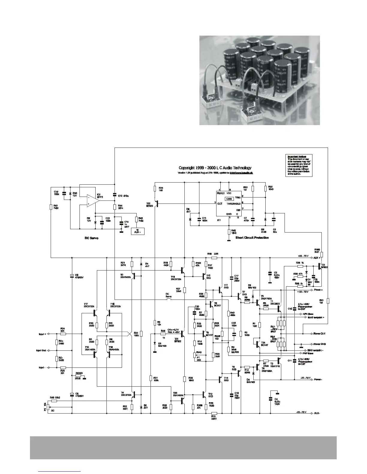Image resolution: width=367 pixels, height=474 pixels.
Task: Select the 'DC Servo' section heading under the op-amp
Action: click(x=91, y=238)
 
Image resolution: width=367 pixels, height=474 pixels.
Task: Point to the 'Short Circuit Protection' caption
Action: click(x=252, y=238)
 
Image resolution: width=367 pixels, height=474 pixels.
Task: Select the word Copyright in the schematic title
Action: click(x=188, y=168)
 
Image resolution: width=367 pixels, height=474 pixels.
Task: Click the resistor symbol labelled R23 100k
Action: click(x=141, y=334)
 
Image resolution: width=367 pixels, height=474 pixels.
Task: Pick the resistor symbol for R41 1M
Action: click(x=328, y=301)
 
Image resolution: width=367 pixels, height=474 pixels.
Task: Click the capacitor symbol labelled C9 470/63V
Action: click(x=72, y=276)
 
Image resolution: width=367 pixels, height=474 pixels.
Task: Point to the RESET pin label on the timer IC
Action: click(x=221, y=193)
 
